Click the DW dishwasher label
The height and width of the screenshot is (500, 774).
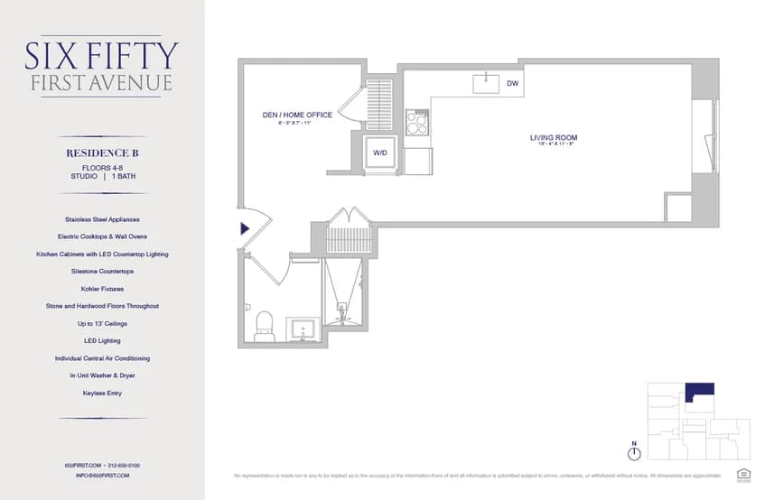[512, 84]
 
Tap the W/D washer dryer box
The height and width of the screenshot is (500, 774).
[380, 153]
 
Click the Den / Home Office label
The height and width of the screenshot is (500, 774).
[297, 115]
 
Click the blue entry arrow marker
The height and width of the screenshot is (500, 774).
[245, 229]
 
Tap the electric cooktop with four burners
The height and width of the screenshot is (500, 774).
[416, 122]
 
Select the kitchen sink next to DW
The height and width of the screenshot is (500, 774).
[487, 83]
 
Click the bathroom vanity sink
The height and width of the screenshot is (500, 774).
[303, 328]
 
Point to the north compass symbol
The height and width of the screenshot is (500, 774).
[634, 451]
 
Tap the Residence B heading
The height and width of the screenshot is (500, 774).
[101, 153]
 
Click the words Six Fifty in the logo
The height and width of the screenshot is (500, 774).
[101, 55]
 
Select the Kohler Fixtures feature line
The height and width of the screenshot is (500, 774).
[102, 289]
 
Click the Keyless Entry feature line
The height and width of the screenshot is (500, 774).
[102, 393]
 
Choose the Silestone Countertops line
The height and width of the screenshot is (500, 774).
[102, 271]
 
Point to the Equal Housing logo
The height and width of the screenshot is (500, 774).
[744, 473]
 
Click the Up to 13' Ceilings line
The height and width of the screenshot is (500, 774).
[102, 323]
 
